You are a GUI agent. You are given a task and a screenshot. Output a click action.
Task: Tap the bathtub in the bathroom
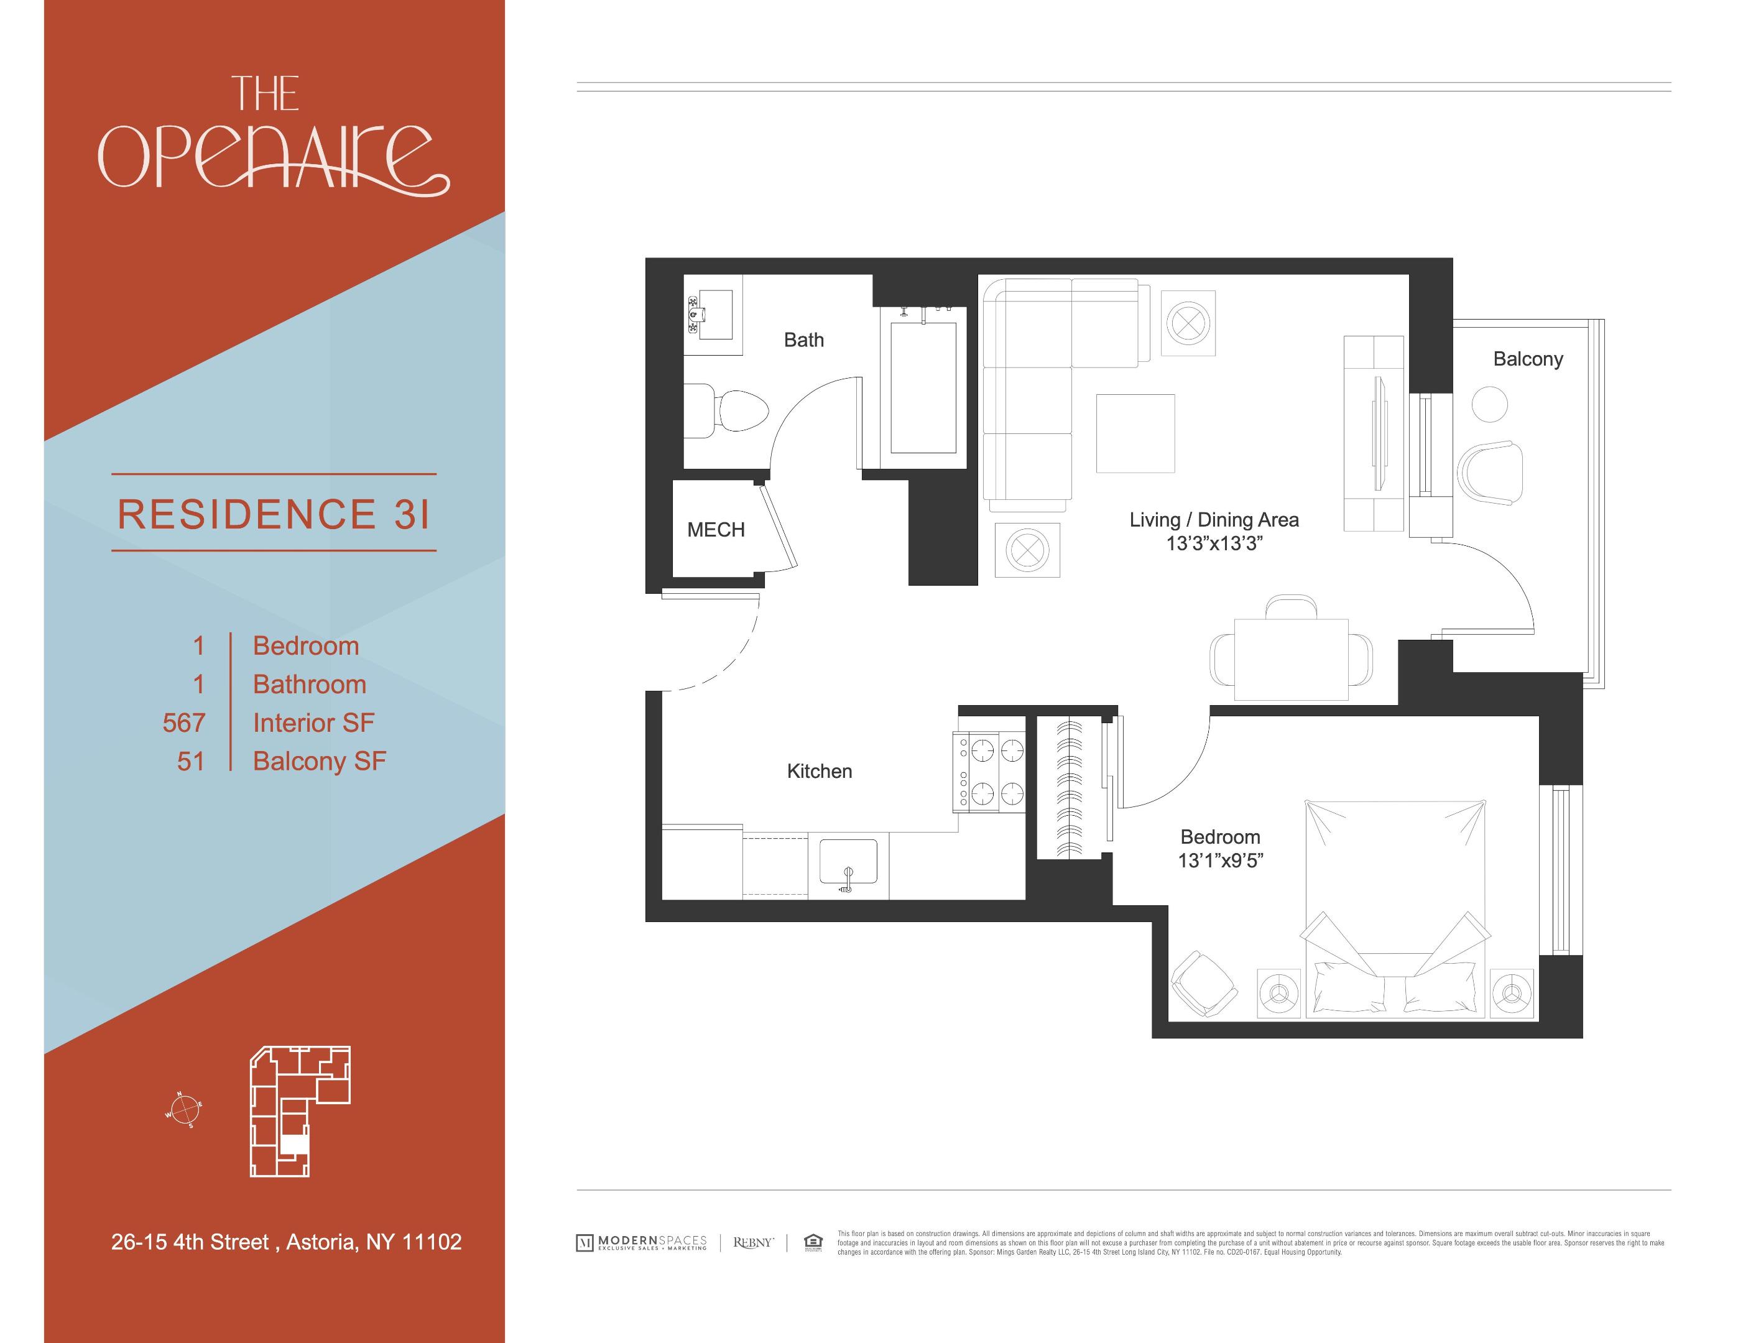923,387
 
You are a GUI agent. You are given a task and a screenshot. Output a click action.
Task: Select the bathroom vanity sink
714,314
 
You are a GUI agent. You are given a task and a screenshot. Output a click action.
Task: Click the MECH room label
716,530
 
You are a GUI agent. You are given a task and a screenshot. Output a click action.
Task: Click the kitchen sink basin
848,862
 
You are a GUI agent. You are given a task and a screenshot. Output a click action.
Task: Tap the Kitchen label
819,771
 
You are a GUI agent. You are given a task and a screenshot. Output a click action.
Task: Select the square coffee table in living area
1135,433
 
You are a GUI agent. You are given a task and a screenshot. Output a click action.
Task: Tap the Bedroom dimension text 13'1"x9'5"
1220,861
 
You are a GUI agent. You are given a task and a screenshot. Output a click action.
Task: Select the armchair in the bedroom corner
1204,984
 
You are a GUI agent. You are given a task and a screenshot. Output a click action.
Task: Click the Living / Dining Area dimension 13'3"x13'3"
1214,543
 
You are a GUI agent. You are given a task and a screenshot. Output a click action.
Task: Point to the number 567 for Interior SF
184,722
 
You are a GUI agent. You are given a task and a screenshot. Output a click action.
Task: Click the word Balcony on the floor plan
1527,359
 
